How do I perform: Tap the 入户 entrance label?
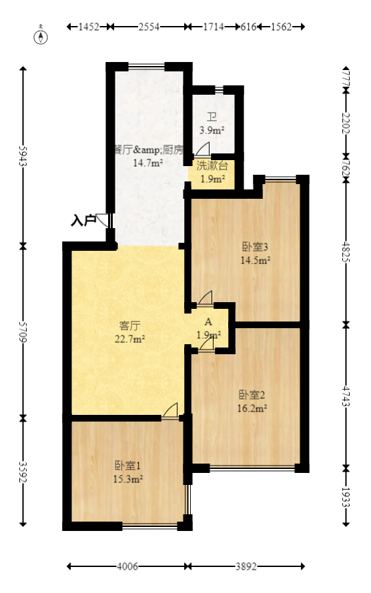point(83,219)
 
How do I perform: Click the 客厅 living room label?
point(129,326)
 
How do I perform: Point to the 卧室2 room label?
point(253,394)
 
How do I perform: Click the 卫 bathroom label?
point(212,116)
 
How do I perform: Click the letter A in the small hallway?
point(208,322)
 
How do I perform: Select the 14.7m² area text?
point(148,162)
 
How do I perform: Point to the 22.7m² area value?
point(129,338)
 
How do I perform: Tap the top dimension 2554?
point(151,27)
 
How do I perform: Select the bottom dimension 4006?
point(127,566)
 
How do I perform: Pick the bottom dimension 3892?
point(246,566)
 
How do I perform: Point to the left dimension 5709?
point(23,330)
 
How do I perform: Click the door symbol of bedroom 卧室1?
point(171,411)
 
